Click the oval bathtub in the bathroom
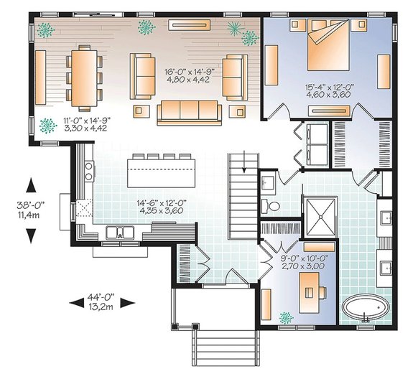(366, 308)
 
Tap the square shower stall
(320, 217)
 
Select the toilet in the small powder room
(271, 205)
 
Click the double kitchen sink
(120, 233)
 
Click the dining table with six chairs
(84, 78)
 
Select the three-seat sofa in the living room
(190, 113)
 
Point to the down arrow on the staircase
(245, 162)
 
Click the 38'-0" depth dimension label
(31, 204)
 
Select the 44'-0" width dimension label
(101, 297)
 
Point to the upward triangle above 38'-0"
(31, 185)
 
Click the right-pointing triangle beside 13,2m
(127, 303)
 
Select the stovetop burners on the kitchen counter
(89, 171)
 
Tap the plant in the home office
(287, 318)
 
